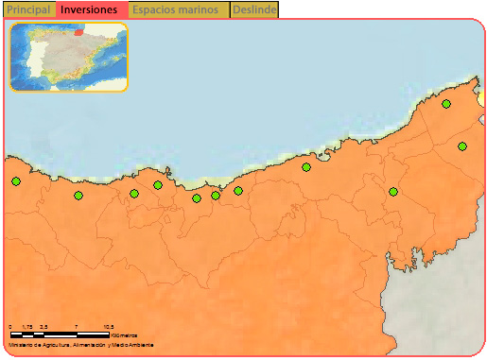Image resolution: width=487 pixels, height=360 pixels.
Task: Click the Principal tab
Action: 27,9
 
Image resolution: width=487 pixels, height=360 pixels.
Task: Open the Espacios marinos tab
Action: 175,9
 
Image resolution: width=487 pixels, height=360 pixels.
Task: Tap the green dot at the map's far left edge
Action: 15,181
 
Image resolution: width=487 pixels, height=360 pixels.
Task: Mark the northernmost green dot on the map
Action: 446,104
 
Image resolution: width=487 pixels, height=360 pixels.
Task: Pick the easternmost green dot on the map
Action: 462,146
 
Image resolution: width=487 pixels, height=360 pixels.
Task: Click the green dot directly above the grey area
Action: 393,192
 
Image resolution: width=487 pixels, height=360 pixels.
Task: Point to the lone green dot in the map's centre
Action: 306,167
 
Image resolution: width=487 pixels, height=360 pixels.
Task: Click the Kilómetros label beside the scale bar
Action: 123,335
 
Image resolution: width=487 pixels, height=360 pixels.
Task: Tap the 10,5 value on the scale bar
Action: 109,327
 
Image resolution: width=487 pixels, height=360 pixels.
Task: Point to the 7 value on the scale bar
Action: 74,327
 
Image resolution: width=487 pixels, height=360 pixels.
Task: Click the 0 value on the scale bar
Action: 10,327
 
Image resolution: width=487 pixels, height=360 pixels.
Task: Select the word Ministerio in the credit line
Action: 21,346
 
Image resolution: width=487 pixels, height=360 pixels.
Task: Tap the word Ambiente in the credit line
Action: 141,346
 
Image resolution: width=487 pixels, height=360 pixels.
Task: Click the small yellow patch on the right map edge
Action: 481,97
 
